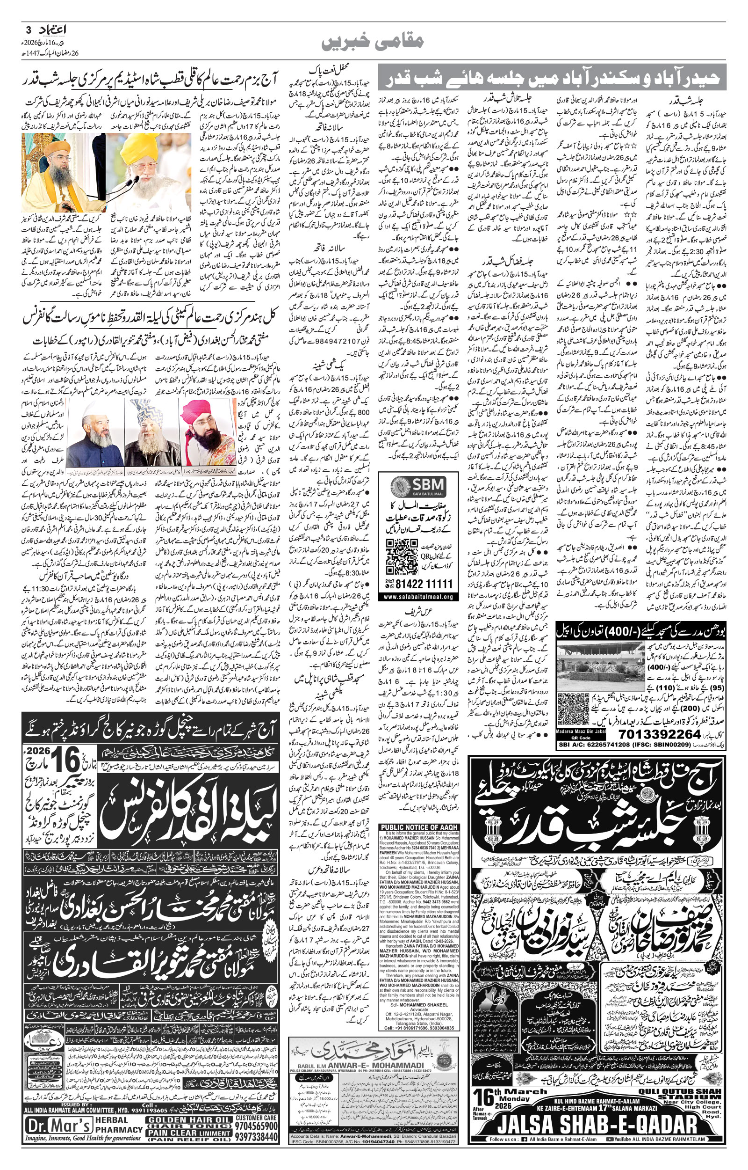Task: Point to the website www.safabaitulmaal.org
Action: (x=418, y=597)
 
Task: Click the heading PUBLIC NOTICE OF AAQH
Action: (x=419, y=828)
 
